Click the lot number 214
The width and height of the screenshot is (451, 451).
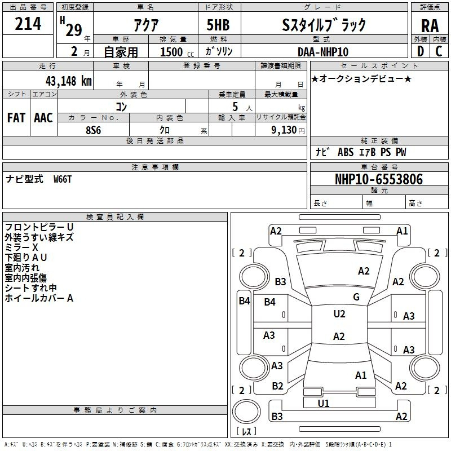[x=28, y=23]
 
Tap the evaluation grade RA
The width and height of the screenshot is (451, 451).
[x=430, y=26]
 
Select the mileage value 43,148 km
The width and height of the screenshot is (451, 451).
[x=68, y=81]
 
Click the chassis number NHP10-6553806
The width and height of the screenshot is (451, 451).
[x=379, y=179]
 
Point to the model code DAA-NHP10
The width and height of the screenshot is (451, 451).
[x=323, y=52]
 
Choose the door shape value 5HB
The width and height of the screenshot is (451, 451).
[x=218, y=25]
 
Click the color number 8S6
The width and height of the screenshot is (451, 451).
[x=94, y=130]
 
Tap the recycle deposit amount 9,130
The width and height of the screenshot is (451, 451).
[x=284, y=130]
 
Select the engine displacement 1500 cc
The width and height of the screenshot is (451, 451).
[x=177, y=52]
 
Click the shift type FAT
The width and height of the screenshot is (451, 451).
[x=16, y=117]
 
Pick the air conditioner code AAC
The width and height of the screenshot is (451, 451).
[x=43, y=117]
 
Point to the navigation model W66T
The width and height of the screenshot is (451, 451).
[x=63, y=179]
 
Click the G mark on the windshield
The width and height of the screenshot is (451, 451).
[x=356, y=297]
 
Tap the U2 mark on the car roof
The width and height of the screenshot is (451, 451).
[x=339, y=313]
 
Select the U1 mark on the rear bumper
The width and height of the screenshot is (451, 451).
[x=323, y=403]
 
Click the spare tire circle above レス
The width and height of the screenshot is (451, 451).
[x=246, y=412]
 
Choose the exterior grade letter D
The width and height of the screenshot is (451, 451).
[x=421, y=51]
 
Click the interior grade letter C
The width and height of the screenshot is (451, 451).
[x=439, y=51]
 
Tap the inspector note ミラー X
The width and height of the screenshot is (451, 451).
[x=21, y=247]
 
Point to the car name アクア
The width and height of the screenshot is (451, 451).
[x=146, y=25]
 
